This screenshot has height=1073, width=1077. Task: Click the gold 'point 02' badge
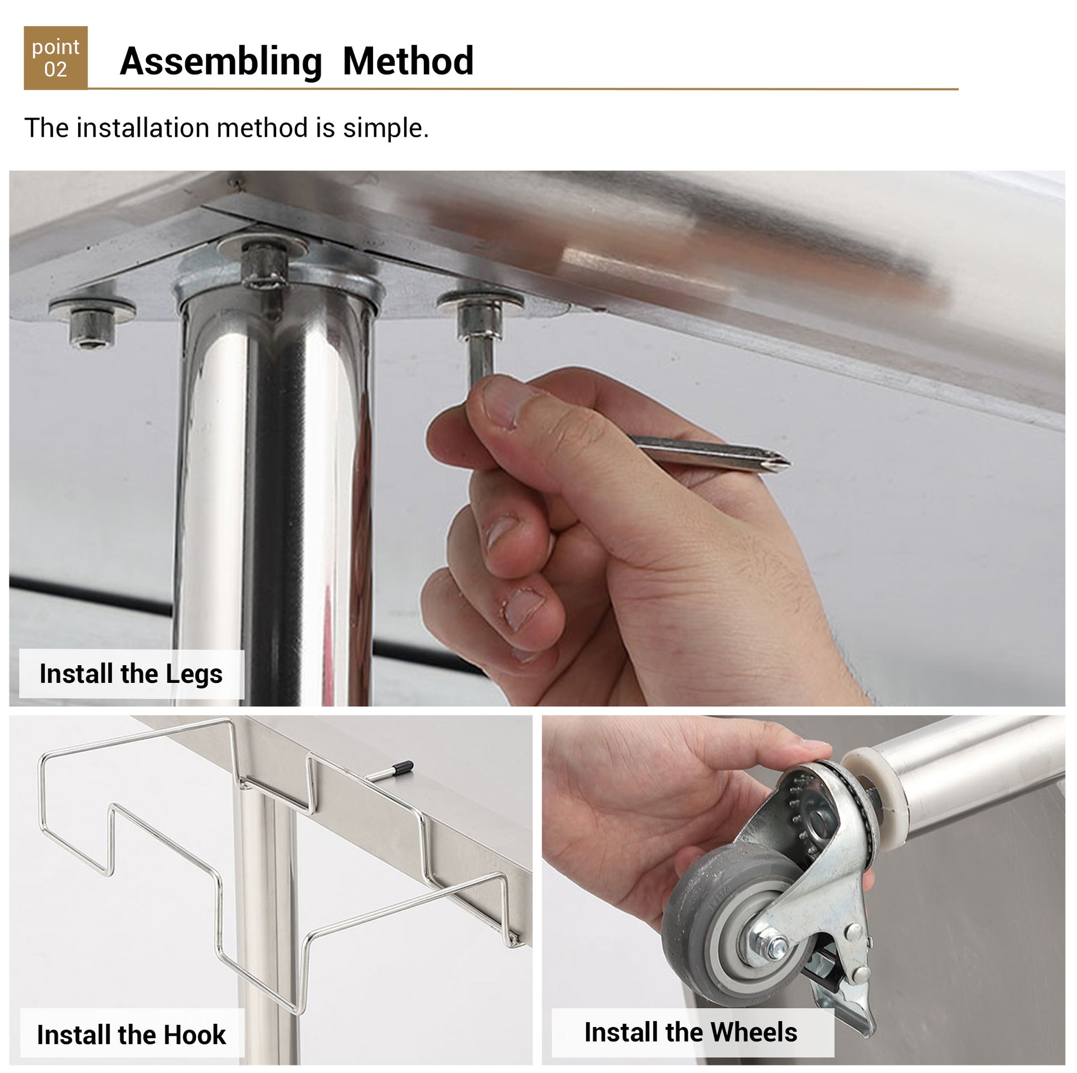click(x=56, y=58)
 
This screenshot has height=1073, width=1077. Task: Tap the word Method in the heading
click(x=408, y=61)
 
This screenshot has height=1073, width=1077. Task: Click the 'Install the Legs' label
click(x=132, y=674)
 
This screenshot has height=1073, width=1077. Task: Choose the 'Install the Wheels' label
click(x=693, y=1032)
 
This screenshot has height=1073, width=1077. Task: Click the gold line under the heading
click(x=523, y=89)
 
